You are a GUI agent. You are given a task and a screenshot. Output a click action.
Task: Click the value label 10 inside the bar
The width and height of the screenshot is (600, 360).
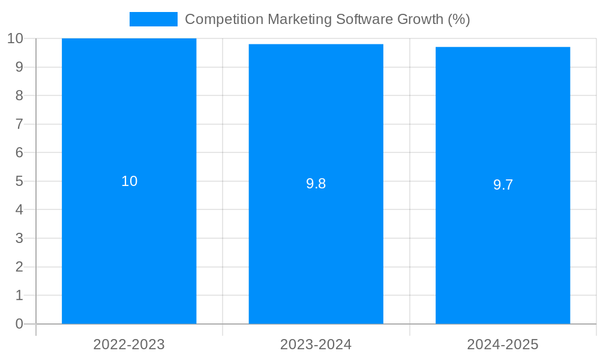click(x=130, y=181)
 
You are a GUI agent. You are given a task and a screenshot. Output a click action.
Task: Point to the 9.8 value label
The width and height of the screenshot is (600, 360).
click(x=316, y=184)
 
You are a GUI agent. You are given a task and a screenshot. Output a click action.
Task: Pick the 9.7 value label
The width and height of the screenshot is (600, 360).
click(x=503, y=185)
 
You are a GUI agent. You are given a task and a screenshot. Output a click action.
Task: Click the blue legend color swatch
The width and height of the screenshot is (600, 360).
click(x=154, y=19)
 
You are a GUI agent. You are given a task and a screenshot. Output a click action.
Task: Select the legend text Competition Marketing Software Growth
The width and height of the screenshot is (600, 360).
click(x=327, y=19)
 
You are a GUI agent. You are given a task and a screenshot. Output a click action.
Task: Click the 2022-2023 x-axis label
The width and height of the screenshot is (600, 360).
click(x=129, y=344)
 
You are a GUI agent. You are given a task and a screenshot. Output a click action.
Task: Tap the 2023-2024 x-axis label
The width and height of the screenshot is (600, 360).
click(x=316, y=344)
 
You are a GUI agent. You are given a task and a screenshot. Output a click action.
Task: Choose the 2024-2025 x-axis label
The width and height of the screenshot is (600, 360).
click(x=503, y=344)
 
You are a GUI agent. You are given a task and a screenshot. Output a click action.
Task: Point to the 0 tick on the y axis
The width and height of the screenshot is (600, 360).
click(x=19, y=324)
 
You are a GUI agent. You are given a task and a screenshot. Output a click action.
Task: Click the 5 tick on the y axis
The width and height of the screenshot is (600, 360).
click(x=19, y=181)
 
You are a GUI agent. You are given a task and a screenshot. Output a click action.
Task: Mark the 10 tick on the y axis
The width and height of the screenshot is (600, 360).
click(x=15, y=38)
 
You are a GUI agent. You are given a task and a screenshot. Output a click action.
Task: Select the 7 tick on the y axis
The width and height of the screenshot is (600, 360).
click(x=19, y=124)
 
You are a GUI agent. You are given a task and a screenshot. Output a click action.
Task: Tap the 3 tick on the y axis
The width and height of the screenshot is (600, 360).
click(x=19, y=238)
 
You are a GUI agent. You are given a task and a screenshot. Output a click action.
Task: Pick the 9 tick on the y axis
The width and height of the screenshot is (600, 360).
click(x=19, y=67)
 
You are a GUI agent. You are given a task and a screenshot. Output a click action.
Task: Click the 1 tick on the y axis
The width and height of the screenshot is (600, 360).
click(x=19, y=295)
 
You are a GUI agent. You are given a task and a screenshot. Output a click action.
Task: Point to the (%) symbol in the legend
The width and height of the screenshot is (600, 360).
click(x=459, y=19)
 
